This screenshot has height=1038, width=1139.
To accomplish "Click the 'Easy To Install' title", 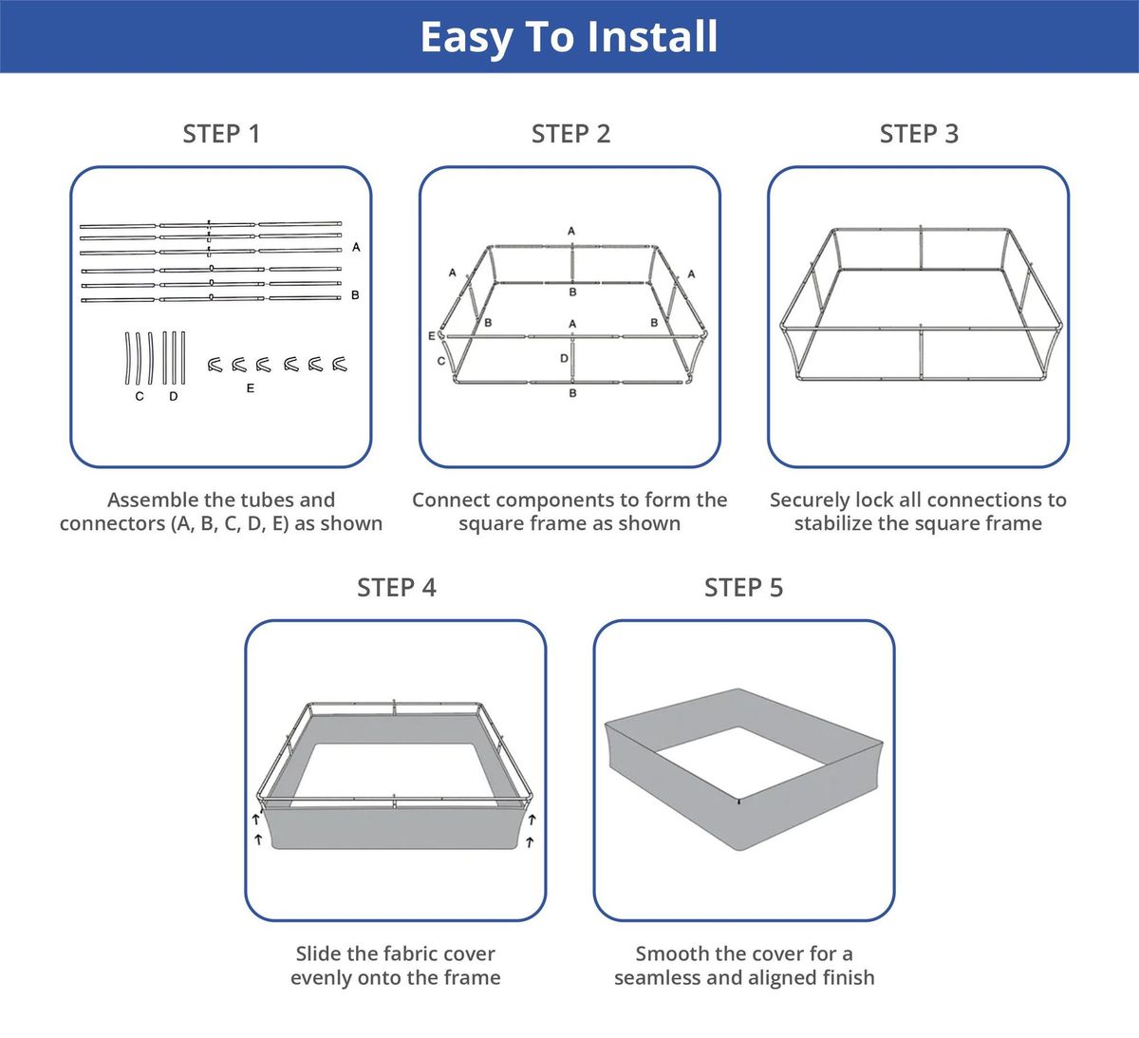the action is coord(569,37).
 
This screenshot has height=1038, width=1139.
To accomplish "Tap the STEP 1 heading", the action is coord(221,134).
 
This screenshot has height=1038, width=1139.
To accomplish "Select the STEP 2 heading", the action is coord(570,134).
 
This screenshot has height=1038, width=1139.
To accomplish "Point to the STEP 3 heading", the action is coord(919,134).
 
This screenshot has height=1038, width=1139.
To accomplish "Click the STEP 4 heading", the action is coord(397,588).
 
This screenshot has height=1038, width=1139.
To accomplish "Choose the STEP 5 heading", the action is coord(744,588).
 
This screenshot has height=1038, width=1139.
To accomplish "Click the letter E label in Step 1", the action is coord(251,388).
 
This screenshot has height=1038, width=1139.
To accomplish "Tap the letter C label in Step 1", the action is coord(140,397).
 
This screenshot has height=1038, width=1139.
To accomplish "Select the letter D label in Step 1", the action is coord(174,397).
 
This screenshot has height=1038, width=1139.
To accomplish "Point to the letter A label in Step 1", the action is coord(356,247).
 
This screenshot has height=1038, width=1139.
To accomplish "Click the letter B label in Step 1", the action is coord(355,294).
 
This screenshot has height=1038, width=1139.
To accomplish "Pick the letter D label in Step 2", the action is coord(564,358).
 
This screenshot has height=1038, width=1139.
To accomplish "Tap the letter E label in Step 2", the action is coord(432,336).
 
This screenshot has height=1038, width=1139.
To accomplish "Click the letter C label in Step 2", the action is coord(441,361).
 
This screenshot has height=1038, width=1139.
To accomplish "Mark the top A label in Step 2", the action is coord(571,231).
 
